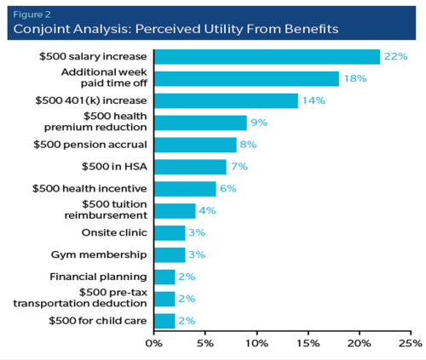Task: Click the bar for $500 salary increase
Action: tap(267, 56)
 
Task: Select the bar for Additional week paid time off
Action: tap(246, 78)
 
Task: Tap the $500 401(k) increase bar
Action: tap(226, 100)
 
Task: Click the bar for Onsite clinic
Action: tap(170, 232)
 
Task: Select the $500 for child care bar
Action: tap(164, 320)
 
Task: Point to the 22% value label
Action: tap(395, 56)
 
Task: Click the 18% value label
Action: tap(354, 78)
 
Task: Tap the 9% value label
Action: tap(259, 123)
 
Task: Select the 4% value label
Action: tap(208, 210)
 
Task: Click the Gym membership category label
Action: tap(104, 254)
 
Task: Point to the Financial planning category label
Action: tap(101, 277)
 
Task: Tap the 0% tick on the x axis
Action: tap(154, 343)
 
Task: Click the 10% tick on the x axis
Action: tap(256, 343)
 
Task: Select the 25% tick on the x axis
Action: tap(410, 343)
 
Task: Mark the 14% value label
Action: tap(313, 100)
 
